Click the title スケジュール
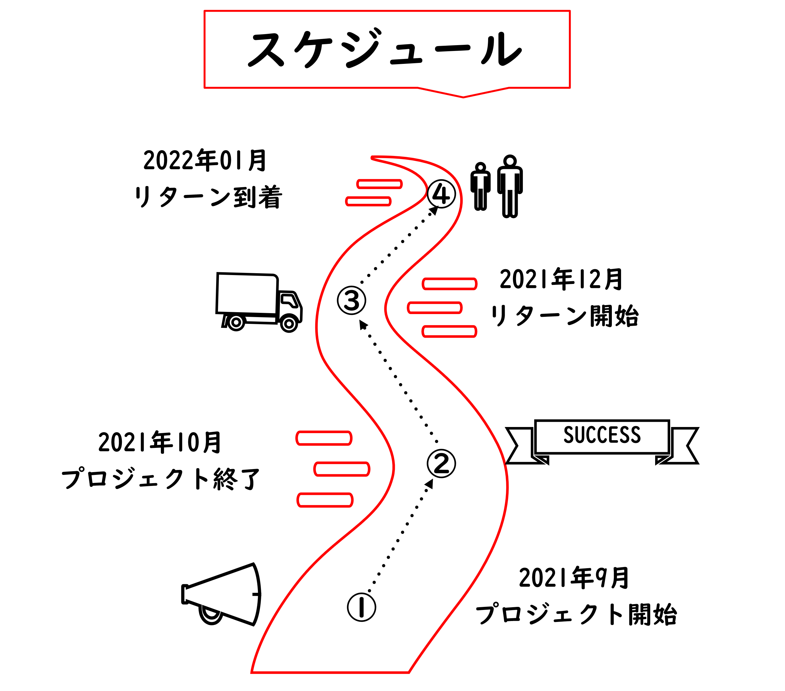(386, 49)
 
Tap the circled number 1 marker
(361, 607)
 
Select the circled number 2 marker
(441, 463)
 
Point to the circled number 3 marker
(352, 300)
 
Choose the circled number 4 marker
(441, 194)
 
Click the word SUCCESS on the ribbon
(602, 435)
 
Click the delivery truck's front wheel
(289, 324)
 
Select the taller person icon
(510, 186)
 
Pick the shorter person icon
(480, 187)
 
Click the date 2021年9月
(573, 578)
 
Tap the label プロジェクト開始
(576, 615)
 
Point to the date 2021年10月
(160, 442)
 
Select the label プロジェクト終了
(161, 479)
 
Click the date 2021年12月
(561, 279)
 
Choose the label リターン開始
(564, 316)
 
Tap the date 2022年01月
(205, 160)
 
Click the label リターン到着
(208, 197)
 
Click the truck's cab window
(289, 300)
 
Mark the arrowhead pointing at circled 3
(362, 325)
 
